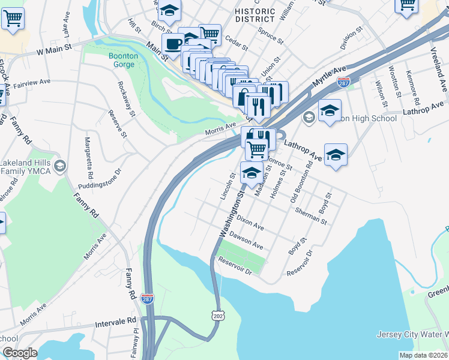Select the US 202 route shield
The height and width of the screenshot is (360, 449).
tap(217, 314)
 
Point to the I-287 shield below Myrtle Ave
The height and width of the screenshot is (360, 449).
tap(343, 82)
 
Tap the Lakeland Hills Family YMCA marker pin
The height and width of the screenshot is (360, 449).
tap(59, 165)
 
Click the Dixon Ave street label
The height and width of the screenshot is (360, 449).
tap(250, 223)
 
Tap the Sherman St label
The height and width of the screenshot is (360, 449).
tap(310, 215)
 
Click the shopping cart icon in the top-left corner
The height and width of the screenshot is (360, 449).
tap(13, 18)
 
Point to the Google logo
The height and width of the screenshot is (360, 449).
tap(20, 353)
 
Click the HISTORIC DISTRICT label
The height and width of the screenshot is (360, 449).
tap(255, 16)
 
